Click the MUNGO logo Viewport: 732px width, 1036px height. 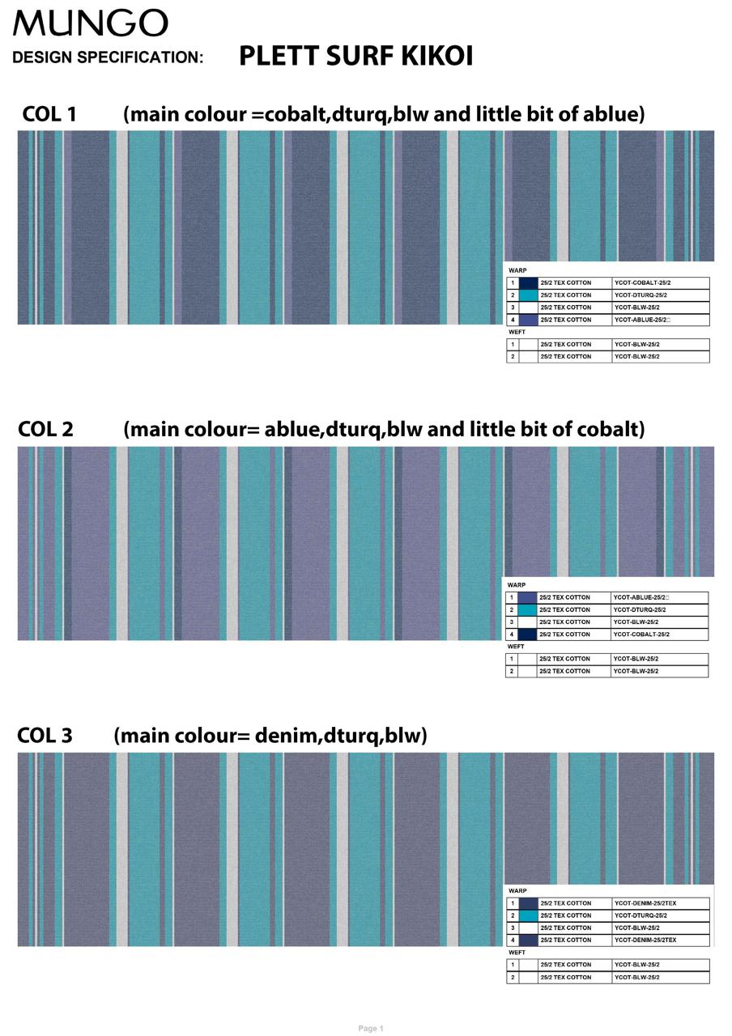click(x=90, y=23)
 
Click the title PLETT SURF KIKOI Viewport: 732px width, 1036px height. click(x=355, y=56)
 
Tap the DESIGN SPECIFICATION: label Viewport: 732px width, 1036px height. click(x=108, y=57)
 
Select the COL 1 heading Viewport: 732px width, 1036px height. click(x=49, y=114)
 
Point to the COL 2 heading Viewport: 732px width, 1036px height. click(x=45, y=429)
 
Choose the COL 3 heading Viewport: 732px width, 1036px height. click(x=45, y=736)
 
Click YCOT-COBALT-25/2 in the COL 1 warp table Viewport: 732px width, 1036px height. click(x=642, y=282)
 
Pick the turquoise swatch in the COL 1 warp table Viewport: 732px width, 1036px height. click(x=528, y=295)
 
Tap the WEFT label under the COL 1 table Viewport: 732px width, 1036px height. click(x=517, y=332)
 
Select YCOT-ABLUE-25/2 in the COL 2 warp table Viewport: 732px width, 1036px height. click(x=640, y=597)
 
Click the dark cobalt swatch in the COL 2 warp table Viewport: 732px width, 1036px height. click(x=527, y=635)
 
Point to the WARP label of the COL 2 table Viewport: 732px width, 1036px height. click(x=517, y=585)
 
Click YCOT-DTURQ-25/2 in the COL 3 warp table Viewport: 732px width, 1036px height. click(x=640, y=915)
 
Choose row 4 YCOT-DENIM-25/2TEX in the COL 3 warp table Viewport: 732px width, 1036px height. click(x=645, y=940)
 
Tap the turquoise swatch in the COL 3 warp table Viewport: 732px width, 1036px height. click(x=528, y=915)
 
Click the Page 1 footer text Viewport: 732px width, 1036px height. click(x=371, y=1025)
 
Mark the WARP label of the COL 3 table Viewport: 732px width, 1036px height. click(x=517, y=891)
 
